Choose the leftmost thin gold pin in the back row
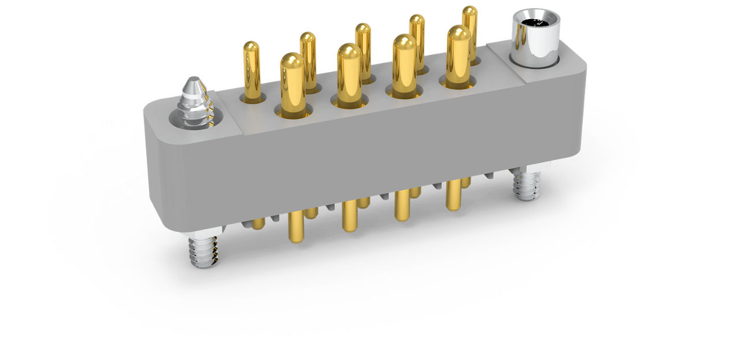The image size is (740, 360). (x=251, y=70)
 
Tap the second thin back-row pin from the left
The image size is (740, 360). (x=308, y=61)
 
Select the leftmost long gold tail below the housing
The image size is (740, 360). (x=296, y=227)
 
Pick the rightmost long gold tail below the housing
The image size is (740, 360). (x=453, y=195)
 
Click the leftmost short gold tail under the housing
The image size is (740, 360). (x=258, y=223)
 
